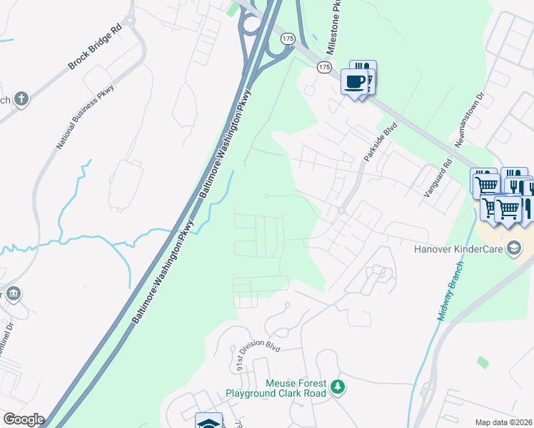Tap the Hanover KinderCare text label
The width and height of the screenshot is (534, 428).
click(x=458, y=249)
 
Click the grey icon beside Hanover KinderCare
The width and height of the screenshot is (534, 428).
click(x=514, y=248)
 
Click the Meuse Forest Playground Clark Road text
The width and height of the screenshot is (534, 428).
click(x=276, y=388)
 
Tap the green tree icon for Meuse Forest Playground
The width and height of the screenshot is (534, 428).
click(x=338, y=388)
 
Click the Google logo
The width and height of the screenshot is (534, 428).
click(x=23, y=419)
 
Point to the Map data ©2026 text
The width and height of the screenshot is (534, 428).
click(x=503, y=422)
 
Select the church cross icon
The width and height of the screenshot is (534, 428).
click(x=21, y=99)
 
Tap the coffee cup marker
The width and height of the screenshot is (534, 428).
click(x=355, y=81)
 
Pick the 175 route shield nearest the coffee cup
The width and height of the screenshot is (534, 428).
click(x=325, y=66)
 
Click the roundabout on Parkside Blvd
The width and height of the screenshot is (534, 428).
click(x=341, y=210)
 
